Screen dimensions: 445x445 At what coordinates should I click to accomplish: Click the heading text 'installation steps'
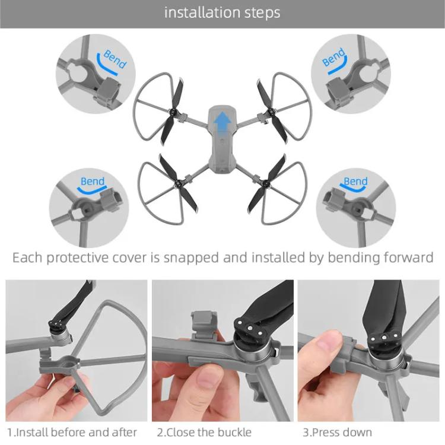tap(223, 12)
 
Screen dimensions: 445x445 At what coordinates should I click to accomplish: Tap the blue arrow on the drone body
tap(223, 122)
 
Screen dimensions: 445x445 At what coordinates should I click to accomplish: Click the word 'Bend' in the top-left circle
tap(115, 59)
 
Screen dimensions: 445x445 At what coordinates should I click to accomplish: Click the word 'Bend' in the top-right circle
tap(333, 58)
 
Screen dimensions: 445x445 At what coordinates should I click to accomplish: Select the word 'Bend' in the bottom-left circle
tap(93, 182)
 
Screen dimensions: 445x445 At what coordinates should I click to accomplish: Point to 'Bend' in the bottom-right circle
tap(355, 182)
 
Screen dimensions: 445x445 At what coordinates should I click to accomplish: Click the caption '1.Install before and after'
tap(72, 432)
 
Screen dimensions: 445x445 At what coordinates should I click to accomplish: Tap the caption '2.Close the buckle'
tap(204, 432)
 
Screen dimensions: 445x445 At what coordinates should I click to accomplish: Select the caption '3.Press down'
tap(337, 432)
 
